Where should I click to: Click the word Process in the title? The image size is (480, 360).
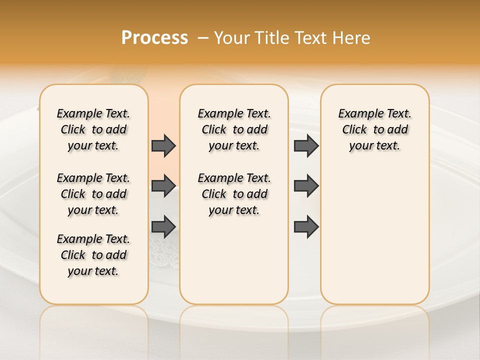point(154,38)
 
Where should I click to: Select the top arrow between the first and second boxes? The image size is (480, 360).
point(163,145)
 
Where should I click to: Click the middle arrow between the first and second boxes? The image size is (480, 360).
point(163,186)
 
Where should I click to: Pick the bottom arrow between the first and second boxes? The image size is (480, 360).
point(163,227)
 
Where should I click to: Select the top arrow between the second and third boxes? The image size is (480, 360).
point(306,145)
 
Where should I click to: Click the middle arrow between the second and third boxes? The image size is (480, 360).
point(306,186)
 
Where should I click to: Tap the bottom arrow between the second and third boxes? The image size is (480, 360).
point(306,227)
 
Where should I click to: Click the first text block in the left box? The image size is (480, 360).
point(93,129)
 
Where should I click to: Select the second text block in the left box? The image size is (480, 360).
point(93,194)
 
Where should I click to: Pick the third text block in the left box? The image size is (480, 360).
point(93,255)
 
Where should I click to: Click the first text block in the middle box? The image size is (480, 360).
point(234,129)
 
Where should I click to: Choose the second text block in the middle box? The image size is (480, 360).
point(234,194)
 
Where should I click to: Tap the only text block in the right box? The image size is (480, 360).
point(375,129)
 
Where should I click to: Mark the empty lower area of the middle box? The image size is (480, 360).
point(234,260)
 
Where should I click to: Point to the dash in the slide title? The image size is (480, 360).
point(203,38)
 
